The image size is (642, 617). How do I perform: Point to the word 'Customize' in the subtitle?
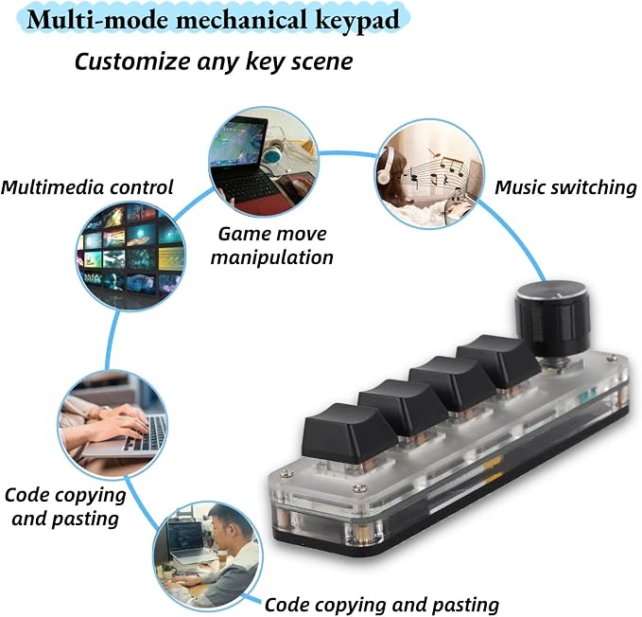coord(132,62)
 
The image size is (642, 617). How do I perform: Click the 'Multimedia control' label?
coord(87,187)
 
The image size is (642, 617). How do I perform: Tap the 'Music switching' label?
coord(565,187)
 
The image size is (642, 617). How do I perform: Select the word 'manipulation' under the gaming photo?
coord(272,258)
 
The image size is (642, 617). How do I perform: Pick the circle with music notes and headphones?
coord(429,174)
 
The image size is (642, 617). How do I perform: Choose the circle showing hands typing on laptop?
coord(113,424)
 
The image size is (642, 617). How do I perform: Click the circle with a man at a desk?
coord(208,555)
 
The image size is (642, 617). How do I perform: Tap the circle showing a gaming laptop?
coord(263,162)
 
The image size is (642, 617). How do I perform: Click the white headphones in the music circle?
coord(385,166)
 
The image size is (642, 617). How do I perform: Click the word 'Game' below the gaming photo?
coord(241,235)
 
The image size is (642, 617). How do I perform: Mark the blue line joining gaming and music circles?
coord(347,153)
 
